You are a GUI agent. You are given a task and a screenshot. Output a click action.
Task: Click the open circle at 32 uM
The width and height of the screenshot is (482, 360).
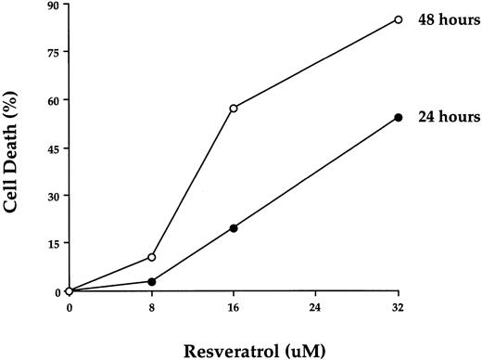[399, 19]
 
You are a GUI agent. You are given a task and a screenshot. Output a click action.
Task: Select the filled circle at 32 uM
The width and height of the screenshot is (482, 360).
[399, 117]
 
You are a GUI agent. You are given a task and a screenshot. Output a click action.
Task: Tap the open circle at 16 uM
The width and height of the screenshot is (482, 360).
[234, 109]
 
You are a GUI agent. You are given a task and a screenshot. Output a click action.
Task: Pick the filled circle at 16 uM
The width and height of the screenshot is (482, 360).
[234, 228]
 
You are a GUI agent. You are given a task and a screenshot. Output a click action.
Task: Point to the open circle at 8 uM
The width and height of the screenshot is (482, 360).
[151, 257]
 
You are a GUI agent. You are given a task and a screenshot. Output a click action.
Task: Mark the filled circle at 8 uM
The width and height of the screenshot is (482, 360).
[151, 281]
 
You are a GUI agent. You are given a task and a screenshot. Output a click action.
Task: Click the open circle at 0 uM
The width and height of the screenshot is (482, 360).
[70, 291]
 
